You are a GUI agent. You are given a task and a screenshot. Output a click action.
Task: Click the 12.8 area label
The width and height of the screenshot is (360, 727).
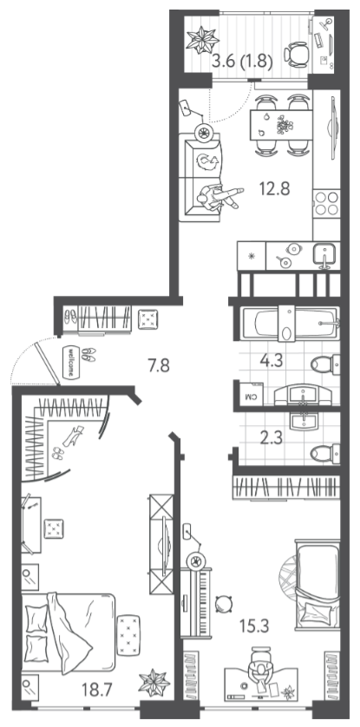275,189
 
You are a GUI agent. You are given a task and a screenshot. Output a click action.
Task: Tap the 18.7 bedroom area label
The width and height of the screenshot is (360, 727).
97,691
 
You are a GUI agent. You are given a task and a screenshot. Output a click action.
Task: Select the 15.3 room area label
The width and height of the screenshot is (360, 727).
254,625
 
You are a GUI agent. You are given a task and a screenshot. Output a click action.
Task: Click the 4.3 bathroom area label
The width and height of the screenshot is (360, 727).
272,362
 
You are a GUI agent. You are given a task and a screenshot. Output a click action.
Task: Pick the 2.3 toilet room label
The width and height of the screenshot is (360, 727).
272,438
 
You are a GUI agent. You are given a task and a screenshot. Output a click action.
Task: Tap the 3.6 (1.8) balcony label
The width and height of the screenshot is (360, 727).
241,61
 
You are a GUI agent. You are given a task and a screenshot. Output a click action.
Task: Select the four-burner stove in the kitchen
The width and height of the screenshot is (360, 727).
327,204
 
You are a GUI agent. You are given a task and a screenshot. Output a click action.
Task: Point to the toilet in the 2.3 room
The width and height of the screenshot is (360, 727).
324,453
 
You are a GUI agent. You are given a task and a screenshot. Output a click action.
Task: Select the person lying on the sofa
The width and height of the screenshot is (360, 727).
219,196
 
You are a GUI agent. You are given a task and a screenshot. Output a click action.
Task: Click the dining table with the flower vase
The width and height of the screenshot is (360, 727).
281,125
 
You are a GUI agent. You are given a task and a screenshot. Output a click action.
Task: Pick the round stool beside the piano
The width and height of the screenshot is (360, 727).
224,604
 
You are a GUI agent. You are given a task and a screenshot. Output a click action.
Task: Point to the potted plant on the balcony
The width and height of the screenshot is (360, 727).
202,39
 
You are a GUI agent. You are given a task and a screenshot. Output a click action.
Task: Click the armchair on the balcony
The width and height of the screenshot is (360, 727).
295,55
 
